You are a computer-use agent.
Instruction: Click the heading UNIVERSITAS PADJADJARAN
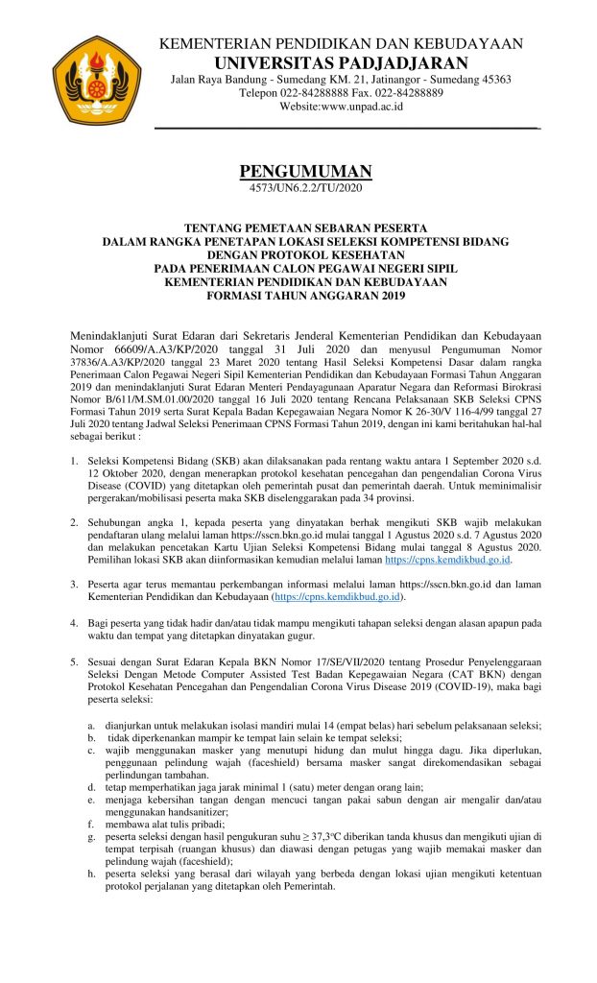coord(340,63)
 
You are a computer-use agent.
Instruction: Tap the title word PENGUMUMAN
coord(304,172)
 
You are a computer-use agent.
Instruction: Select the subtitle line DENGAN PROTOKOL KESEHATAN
coord(304,256)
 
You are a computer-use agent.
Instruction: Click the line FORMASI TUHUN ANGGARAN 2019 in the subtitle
coord(304,297)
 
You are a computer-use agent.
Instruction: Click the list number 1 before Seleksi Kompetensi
coord(75,461)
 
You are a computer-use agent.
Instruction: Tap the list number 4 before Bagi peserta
coord(75,623)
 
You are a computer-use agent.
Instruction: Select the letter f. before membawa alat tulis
coord(90,824)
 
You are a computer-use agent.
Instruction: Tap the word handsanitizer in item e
coord(164,810)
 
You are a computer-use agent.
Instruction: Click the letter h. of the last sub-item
coord(90,874)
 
